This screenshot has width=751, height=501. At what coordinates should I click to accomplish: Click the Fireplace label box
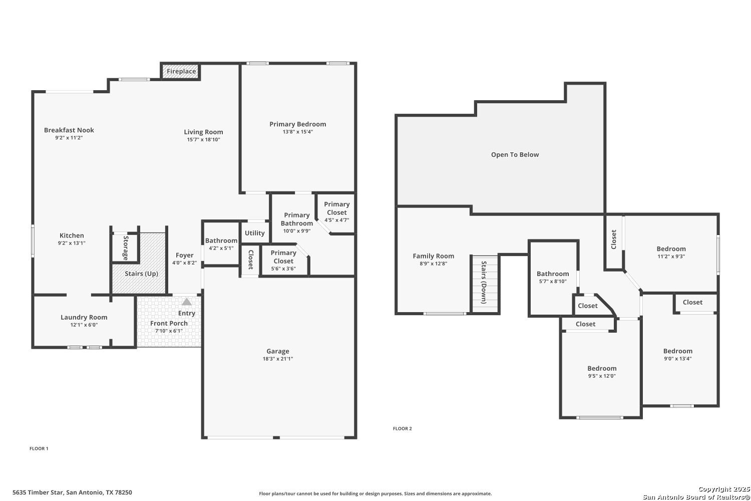(181, 72)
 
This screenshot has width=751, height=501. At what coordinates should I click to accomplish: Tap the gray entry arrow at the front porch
(187, 302)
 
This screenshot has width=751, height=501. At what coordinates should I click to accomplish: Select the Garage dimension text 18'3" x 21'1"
(278, 359)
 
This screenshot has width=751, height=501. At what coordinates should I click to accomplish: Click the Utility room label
(254, 233)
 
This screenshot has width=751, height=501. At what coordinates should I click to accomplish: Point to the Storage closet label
(126, 248)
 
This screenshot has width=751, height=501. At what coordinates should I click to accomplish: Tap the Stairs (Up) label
(141, 274)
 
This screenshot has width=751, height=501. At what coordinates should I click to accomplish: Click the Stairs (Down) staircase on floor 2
(485, 284)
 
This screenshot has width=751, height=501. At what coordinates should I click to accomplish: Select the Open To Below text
(515, 155)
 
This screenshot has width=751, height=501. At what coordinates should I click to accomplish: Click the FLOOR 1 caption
(39, 448)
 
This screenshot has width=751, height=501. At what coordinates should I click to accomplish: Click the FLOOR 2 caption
(403, 428)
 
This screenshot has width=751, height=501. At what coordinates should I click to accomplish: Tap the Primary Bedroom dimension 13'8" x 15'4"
(298, 132)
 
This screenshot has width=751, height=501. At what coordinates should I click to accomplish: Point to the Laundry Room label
(84, 317)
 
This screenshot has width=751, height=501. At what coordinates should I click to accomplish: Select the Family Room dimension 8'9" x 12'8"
(434, 264)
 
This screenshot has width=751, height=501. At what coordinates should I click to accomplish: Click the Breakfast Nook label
(69, 130)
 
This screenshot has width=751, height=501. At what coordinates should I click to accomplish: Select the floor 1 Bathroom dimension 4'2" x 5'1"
(221, 248)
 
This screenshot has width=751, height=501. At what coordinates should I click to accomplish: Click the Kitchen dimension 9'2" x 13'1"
(72, 243)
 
